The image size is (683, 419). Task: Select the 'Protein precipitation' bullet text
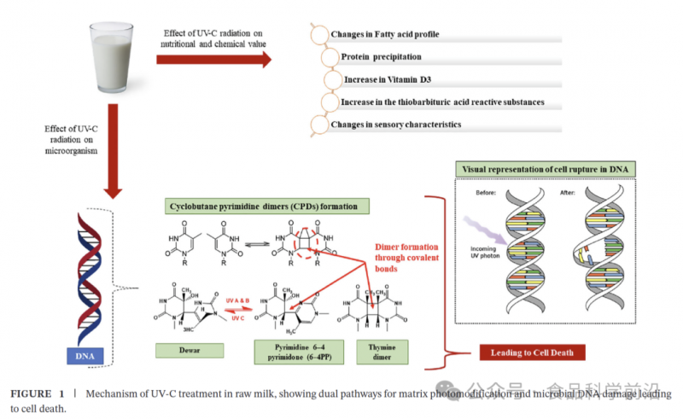click(x=381, y=57)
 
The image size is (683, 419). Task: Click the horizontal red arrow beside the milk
click(x=213, y=59)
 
